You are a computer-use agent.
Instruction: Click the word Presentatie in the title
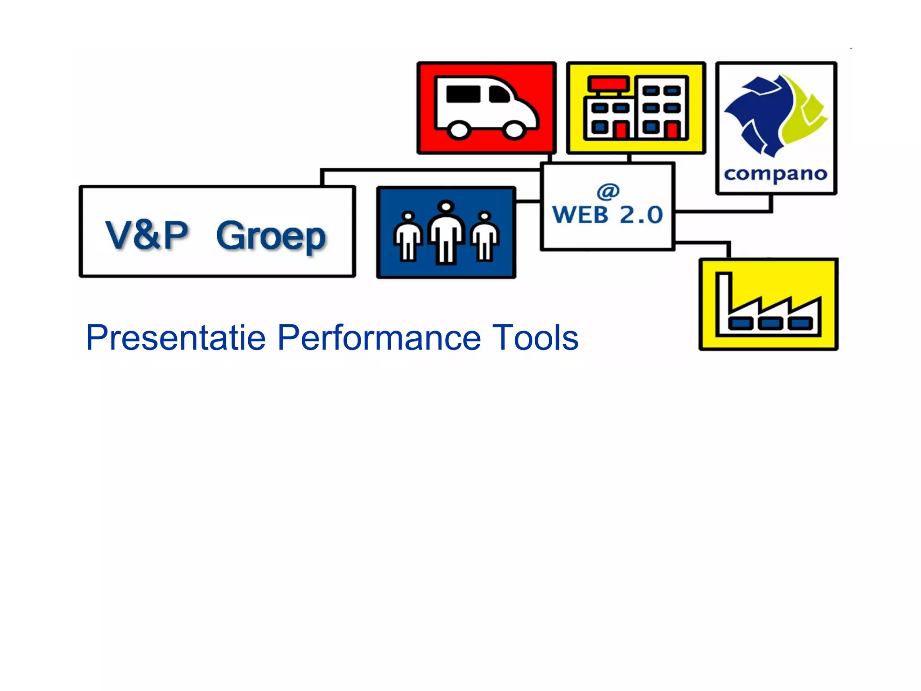pos(176,337)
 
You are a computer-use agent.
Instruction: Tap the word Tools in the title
pos(535,337)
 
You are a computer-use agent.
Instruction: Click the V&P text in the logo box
pos(147,234)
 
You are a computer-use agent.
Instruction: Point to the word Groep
pos(271,236)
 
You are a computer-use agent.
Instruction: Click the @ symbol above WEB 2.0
pos(608,192)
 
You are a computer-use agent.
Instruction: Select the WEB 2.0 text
pos(607,215)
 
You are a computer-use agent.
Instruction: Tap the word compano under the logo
pos(776,174)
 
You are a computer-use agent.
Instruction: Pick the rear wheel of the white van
pos(459,130)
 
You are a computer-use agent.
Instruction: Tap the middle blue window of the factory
pos(770,323)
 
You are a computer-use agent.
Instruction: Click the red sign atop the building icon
pos(608,84)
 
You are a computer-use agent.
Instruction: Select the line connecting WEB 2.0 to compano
pos(724,211)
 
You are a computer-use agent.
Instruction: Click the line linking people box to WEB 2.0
pos(528,201)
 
